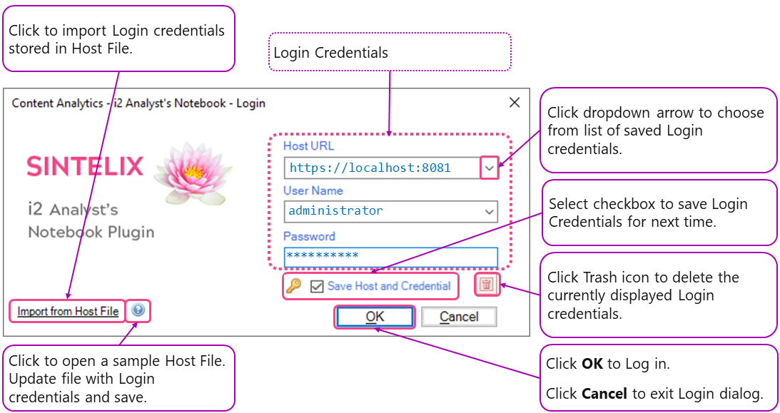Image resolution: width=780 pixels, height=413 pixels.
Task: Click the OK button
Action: coord(375,317)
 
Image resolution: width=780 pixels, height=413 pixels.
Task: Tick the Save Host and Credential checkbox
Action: coord(318,286)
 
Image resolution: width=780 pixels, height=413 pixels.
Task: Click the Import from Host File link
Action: coord(68,311)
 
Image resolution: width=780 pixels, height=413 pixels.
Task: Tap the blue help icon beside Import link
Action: coord(138,310)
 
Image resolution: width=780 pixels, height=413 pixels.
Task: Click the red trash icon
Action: coord(487,285)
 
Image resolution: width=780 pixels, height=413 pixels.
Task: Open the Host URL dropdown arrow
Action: coord(489,168)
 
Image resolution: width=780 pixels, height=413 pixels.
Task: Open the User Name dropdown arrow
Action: coord(489,211)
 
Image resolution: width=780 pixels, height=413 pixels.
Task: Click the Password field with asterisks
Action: coord(390,256)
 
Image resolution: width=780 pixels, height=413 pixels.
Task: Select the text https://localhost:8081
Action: coord(370,168)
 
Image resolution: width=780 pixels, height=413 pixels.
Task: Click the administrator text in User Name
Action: coord(335,211)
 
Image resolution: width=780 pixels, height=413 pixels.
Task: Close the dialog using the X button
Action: coord(514,103)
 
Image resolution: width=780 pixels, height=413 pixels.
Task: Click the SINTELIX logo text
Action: coord(85,166)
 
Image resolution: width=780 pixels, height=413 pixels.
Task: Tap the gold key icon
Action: coord(293,286)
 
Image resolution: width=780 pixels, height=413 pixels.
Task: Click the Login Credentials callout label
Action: coord(331,53)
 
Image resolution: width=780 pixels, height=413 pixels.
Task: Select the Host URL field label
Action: coord(308,146)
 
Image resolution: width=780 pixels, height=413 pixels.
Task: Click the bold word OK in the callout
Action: coord(592,364)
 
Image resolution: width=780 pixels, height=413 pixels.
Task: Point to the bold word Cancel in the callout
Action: coord(604,393)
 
